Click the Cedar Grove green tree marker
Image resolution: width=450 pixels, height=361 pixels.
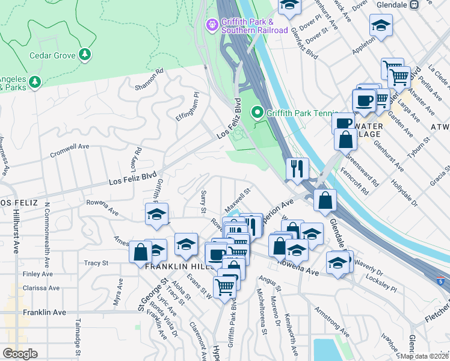point(85,55)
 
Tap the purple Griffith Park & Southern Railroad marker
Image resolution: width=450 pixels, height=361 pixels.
point(212,25)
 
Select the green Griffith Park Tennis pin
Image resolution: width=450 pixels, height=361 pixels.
point(257,113)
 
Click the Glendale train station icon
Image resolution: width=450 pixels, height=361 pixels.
point(414,4)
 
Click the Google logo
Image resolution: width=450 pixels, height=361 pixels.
point(20,354)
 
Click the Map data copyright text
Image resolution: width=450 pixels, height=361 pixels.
point(425,356)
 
